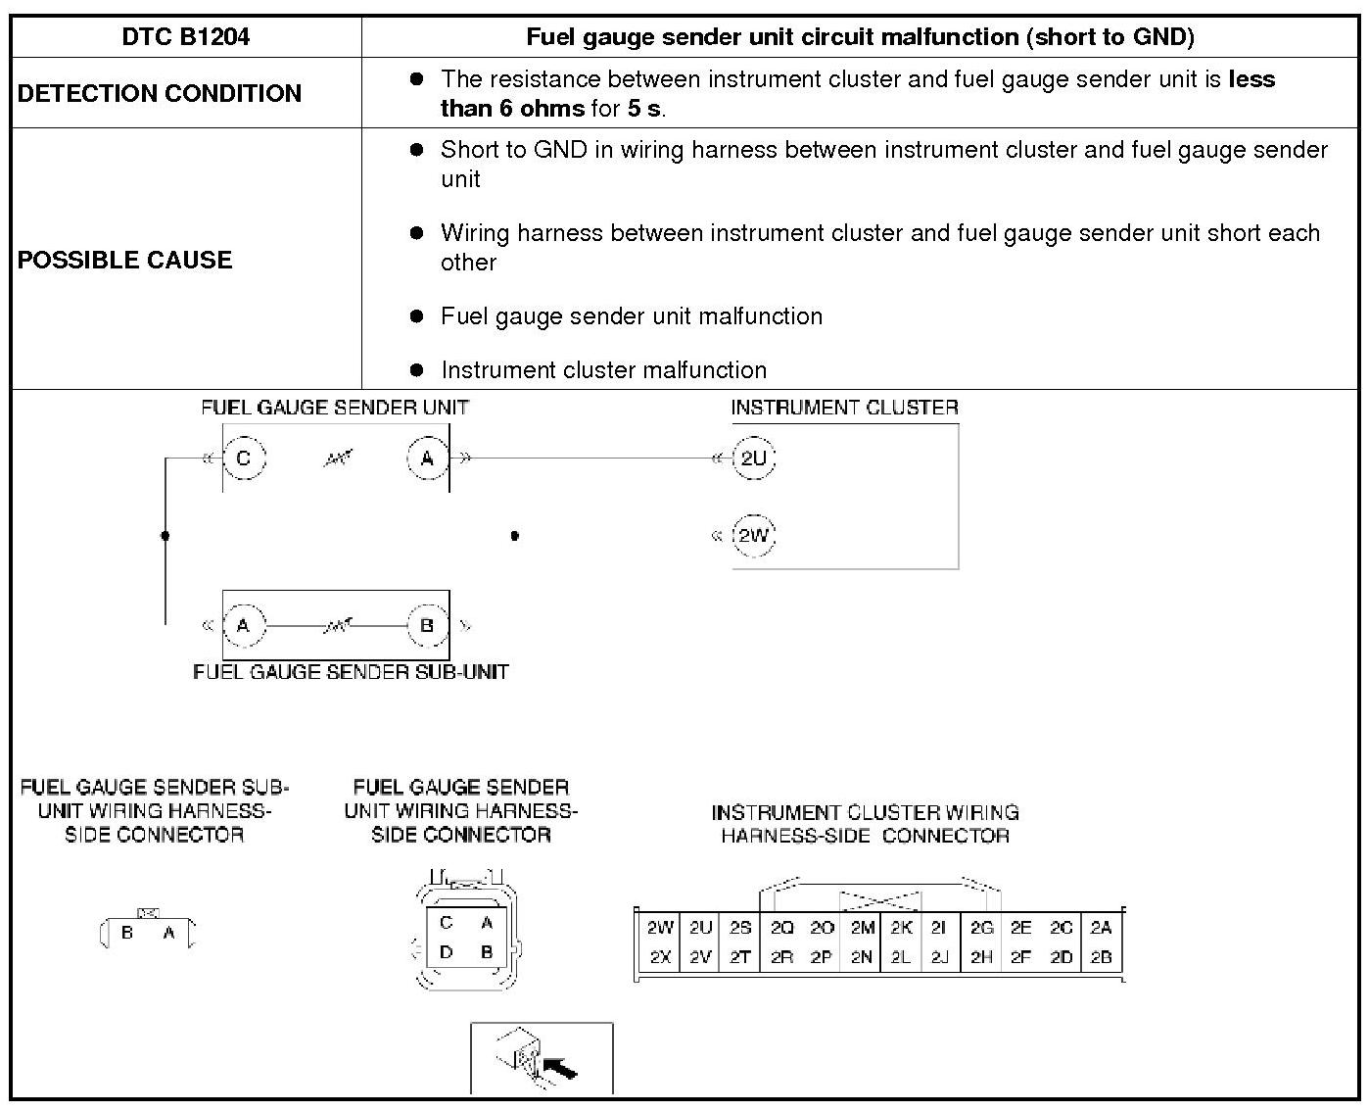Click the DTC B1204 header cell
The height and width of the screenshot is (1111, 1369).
(186, 37)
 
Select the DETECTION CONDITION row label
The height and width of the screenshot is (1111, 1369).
(160, 93)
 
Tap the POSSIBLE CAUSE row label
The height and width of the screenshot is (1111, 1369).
(125, 260)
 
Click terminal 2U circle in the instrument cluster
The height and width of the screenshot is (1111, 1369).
(753, 459)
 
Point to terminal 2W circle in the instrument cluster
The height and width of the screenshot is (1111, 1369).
(753, 536)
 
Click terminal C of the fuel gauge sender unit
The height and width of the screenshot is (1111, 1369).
(244, 459)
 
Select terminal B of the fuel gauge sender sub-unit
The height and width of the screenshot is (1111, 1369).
(427, 625)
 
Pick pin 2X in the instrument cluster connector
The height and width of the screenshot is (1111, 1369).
(660, 957)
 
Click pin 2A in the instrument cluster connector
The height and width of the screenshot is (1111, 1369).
(1101, 928)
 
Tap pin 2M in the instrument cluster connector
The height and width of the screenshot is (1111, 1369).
(862, 928)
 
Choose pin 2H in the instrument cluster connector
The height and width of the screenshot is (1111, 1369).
(981, 957)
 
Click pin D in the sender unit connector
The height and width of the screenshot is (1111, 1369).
(447, 952)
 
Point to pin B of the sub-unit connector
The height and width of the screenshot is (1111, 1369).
(127, 933)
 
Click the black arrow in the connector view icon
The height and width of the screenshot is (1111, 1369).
(560, 1067)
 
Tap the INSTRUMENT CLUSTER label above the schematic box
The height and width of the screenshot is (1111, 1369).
(844, 408)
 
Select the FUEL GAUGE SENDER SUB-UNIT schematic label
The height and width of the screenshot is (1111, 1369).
(351, 672)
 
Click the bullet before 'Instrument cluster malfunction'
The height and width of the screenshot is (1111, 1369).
(417, 370)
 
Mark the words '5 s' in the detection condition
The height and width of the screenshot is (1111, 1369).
(643, 108)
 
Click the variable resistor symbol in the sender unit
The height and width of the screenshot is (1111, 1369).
(337, 459)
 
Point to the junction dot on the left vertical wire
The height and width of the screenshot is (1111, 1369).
(165, 535)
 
